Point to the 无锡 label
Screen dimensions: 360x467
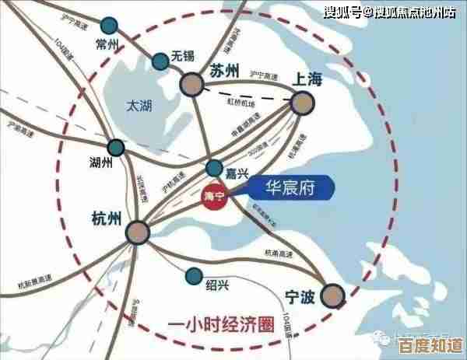183,56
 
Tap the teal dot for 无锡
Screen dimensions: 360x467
160,59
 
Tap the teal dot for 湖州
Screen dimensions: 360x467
116,147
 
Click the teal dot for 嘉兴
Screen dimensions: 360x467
214,168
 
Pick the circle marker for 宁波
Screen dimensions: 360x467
334,294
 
